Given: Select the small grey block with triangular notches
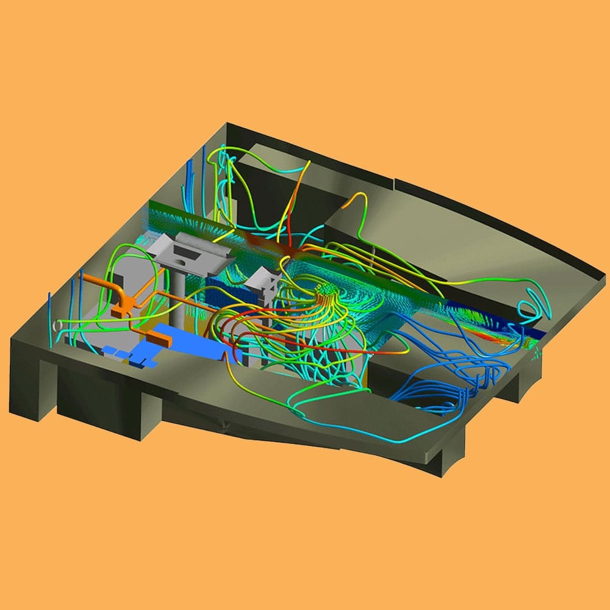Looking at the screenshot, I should pyautogui.click(x=264, y=282).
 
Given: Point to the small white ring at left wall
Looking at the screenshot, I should pyautogui.click(x=58, y=326).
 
